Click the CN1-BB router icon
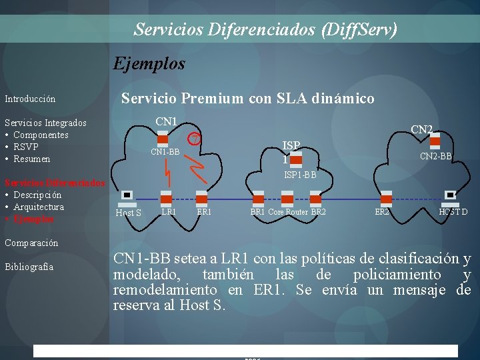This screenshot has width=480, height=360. tap(163, 140)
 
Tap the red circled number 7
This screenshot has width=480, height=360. tap(195, 138)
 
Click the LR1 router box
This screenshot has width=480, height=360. tap(166, 199)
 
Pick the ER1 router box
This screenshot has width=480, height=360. tap(201, 199)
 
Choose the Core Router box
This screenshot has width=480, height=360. tap(287, 199)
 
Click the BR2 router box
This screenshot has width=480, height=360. tap(316, 199)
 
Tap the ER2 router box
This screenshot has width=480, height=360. tap(386, 199)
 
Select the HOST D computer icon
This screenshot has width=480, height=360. tap(451, 196)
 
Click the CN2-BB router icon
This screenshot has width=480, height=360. tap(435, 141)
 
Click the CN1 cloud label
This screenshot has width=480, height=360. tap(166, 122)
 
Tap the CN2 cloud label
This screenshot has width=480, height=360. tap(421, 129)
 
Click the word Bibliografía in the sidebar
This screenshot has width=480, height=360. tap(29, 267)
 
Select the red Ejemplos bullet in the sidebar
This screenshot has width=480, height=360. tap(34, 219)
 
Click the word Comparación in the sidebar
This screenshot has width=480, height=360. tap(31, 243)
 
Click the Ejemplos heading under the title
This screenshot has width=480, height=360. tap(149, 64)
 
